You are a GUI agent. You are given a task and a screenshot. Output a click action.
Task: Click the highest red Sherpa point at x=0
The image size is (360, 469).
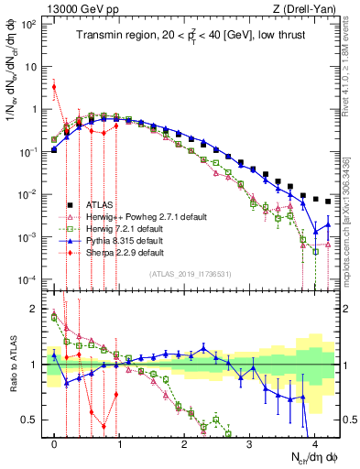(x=55, y=87)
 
